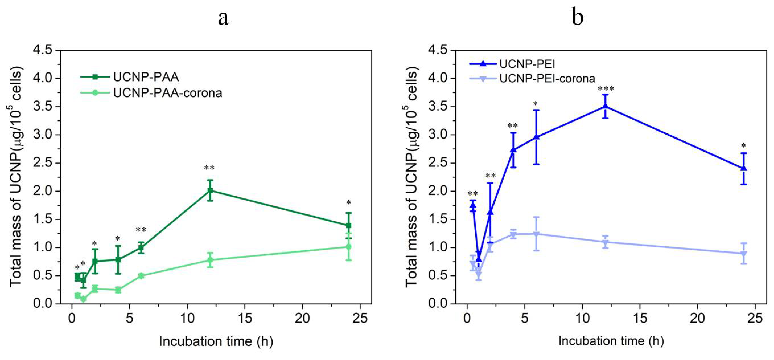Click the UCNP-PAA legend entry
(146, 77)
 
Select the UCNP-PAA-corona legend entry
(167, 93)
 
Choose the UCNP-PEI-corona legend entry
(547, 78)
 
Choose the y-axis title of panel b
(412, 177)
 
